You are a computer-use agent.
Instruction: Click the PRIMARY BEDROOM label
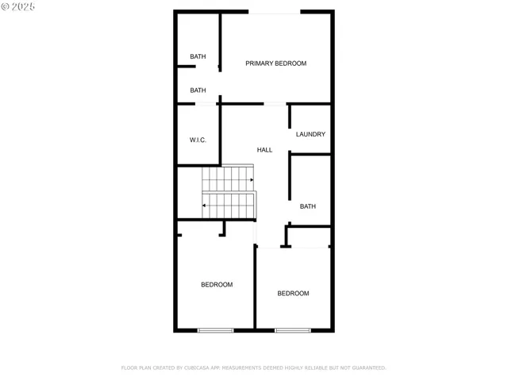tap(275, 63)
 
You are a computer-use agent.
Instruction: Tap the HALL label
tap(264, 150)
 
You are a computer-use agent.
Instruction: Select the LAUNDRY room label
tap(310, 134)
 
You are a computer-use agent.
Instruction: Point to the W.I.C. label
tap(198, 140)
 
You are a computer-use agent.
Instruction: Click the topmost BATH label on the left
tap(198, 56)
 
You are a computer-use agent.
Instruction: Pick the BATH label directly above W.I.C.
tap(198, 90)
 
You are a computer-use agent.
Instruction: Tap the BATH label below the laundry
tap(308, 206)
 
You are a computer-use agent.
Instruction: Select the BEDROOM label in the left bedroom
tap(217, 285)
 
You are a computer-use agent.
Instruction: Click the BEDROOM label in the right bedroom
tap(293, 294)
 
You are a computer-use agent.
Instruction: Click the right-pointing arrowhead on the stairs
tap(251, 180)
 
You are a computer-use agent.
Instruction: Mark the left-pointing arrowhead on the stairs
tap(206, 206)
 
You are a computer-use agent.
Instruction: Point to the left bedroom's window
tap(215, 329)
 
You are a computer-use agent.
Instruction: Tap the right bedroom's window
tap(292, 329)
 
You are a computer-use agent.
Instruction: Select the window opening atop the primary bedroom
tap(275, 12)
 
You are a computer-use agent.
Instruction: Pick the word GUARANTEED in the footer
tap(368, 368)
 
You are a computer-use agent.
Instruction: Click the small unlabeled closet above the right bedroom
tap(309, 237)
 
